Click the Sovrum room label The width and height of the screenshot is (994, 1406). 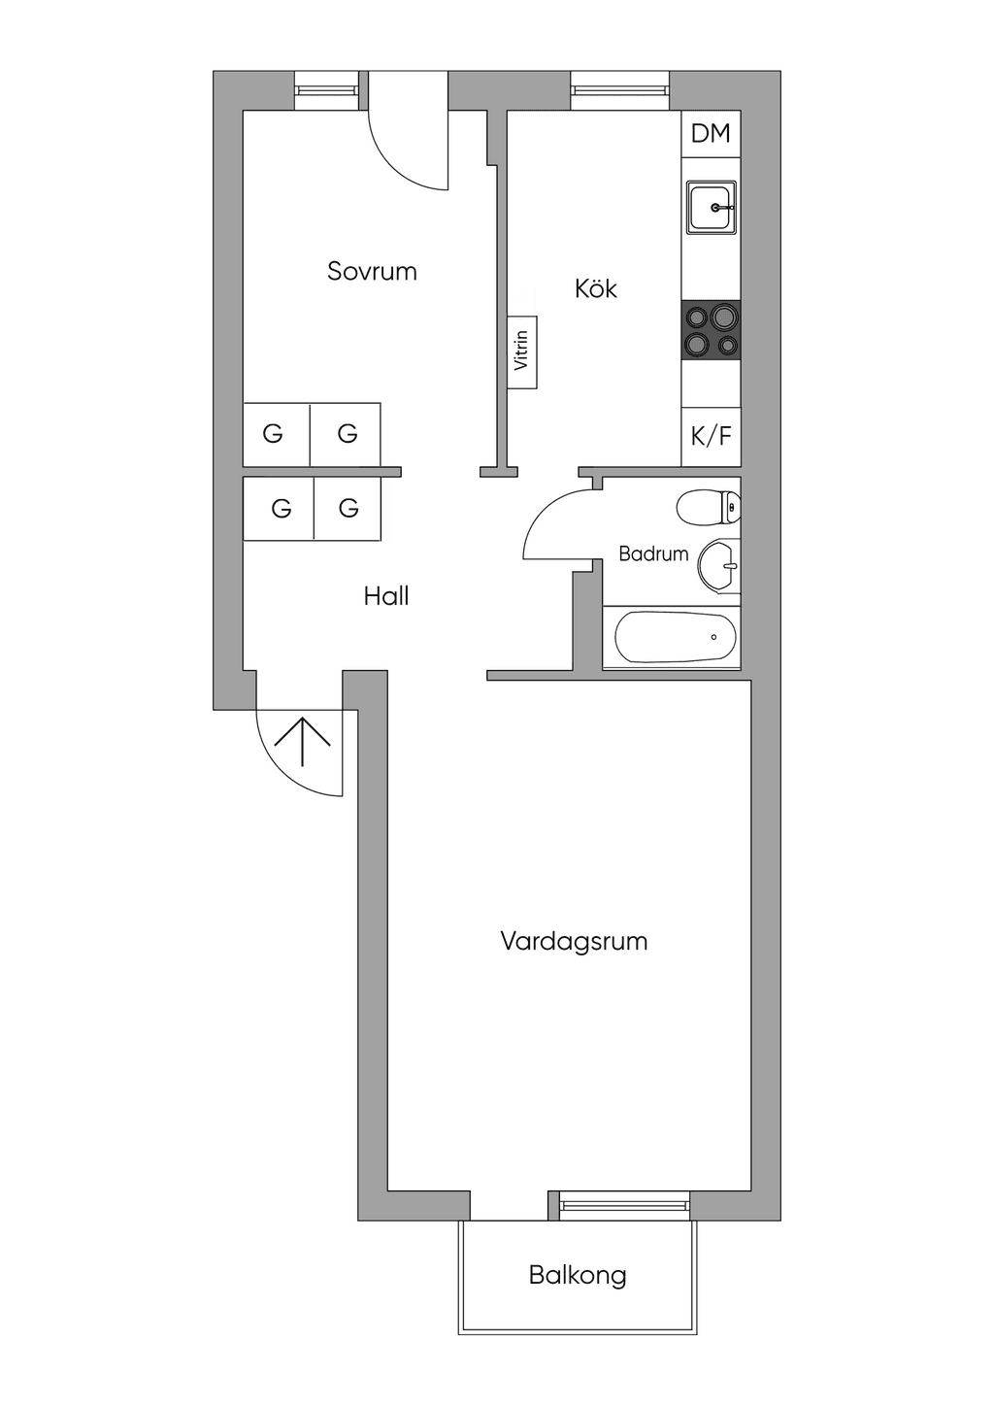click(372, 271)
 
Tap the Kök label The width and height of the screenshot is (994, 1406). click(595, 288)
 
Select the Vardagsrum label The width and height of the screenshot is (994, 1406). click(574, 942)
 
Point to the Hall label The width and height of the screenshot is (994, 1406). click(386, 595)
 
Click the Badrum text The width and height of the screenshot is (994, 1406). click(653, 553)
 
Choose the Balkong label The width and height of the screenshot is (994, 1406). click(578, 1276)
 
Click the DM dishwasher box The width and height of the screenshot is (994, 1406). click(711, 134)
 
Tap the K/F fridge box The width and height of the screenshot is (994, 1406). click(711, 437)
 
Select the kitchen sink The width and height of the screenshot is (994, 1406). click(711, 207)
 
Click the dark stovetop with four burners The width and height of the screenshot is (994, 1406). click(711, 330)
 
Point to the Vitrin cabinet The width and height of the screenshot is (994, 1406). click(522, 351)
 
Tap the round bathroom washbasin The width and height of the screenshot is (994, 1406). click(719, 566)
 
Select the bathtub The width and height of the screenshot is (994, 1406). click(675, 637)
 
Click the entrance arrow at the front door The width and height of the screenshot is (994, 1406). click(303, 741)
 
